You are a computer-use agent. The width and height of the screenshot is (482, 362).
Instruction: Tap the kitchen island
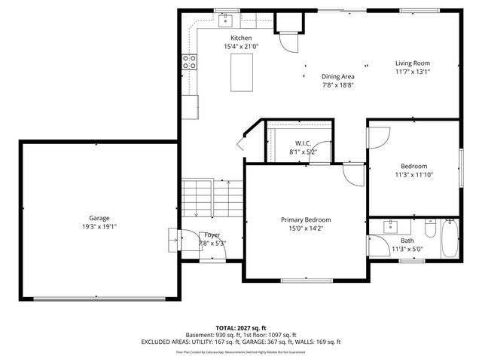coord(243,72)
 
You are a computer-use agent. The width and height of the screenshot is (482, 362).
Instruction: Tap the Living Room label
coord(412,63)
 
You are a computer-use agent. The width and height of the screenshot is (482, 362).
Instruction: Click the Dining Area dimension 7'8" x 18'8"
coord(337,85)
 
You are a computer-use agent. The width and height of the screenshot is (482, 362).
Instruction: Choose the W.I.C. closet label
coord(303,143)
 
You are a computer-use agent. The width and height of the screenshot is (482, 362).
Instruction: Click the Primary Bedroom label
coord(307,219)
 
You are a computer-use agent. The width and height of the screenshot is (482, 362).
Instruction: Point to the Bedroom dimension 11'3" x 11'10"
coord(413,175)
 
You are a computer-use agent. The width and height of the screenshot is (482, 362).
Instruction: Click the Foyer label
coord(212,235)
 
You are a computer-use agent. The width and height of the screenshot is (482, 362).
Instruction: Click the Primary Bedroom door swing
coord(351,174)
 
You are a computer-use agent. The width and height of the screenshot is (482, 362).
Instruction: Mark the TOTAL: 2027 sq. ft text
coord(241,328)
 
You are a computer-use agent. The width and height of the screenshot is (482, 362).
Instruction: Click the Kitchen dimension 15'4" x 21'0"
coord(241,47)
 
